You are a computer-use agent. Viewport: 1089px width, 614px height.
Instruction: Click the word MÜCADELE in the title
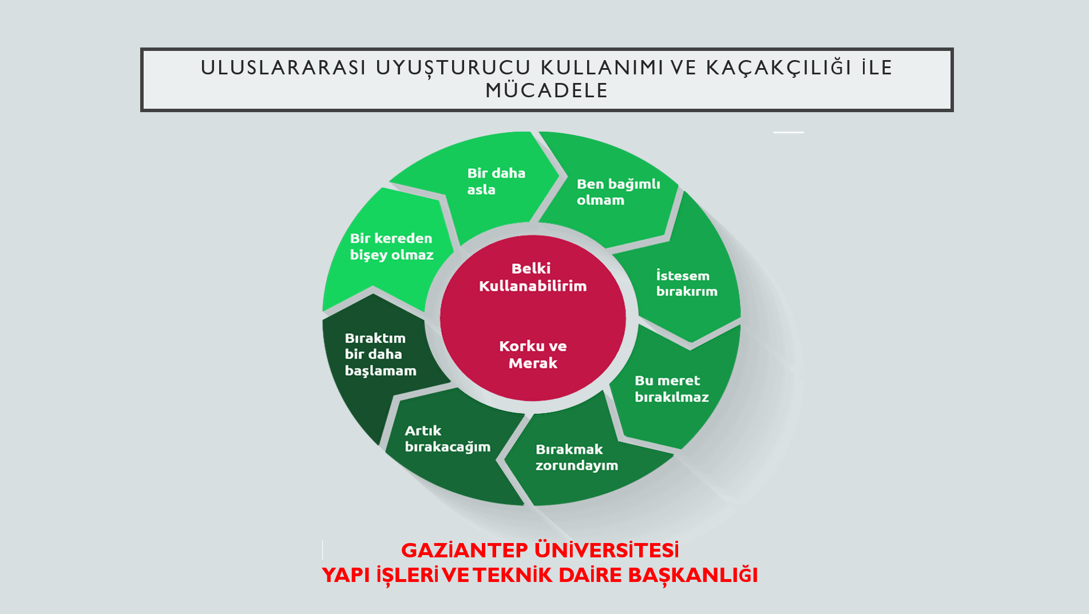click(x=547, y=90)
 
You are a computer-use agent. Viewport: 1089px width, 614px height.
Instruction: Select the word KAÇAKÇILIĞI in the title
click(x=779, y=68)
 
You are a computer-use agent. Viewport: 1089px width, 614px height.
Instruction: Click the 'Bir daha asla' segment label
click(x=496, y=181)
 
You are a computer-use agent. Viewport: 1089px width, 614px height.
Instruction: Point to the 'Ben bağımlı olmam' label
click(x=618, y=192)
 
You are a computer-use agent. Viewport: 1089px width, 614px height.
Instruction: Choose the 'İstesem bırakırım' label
click(x=686, y=283)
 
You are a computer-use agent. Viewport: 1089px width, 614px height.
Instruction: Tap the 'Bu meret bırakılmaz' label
click(x=671, y=389)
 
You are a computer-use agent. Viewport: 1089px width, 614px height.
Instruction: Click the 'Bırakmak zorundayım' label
click(x=576, y=457)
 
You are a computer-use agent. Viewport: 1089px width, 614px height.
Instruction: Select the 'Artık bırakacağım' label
click(x=448, y=439)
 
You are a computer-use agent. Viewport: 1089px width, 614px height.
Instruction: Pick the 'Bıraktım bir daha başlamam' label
click(x=381, y=354)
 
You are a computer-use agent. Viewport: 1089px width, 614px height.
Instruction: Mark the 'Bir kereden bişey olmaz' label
click(x=391, y=247)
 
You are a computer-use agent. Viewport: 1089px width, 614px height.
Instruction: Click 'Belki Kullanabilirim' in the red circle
click(x=532, y=277)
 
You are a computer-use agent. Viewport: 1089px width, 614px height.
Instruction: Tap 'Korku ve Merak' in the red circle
click(x=533, y=354)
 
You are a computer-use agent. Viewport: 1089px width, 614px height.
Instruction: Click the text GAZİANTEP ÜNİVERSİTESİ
click(x=540, y=550)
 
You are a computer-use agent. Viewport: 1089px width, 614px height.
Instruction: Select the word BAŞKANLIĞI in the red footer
click(x=692, y=575)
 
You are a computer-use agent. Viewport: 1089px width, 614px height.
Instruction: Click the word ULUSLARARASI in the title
click(x=283, y=68)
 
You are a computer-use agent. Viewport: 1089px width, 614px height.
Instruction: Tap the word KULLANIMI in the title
click(x=602, y=68)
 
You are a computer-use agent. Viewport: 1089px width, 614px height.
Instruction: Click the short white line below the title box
click(x=789, y=132)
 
